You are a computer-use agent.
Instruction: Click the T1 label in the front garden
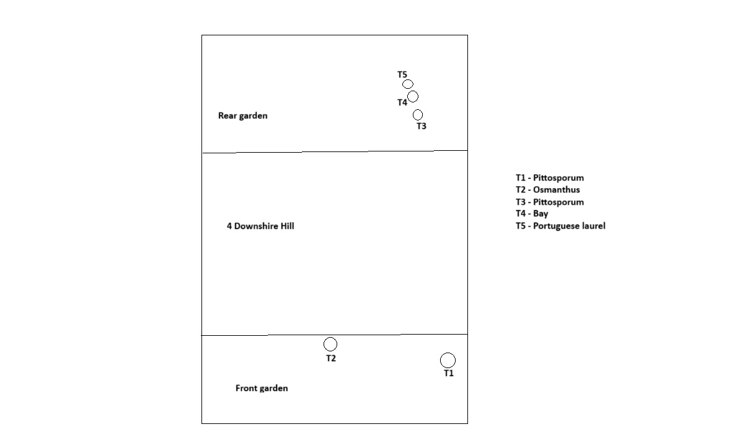pos(449,374)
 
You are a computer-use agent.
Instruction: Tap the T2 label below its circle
pos(331,358)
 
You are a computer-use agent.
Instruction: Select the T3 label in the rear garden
pos(421,126)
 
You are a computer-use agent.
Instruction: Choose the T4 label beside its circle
pos(402,102)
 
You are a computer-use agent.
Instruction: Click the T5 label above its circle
pos(402,74)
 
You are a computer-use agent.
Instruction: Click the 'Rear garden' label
pos(243,115)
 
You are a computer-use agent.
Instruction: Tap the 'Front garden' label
pos(262,388)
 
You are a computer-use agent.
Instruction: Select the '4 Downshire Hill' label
pos(260,226)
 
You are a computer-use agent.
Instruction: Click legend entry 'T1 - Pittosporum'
pos(550,178)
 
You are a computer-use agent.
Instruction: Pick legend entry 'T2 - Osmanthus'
pos(548,189)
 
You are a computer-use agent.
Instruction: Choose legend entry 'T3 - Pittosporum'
pos(550,202)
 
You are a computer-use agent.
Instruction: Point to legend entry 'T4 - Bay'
pos(532,214)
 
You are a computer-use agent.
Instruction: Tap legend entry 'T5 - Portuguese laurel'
pos(561,226)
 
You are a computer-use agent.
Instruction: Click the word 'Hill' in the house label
pos(287,226)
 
